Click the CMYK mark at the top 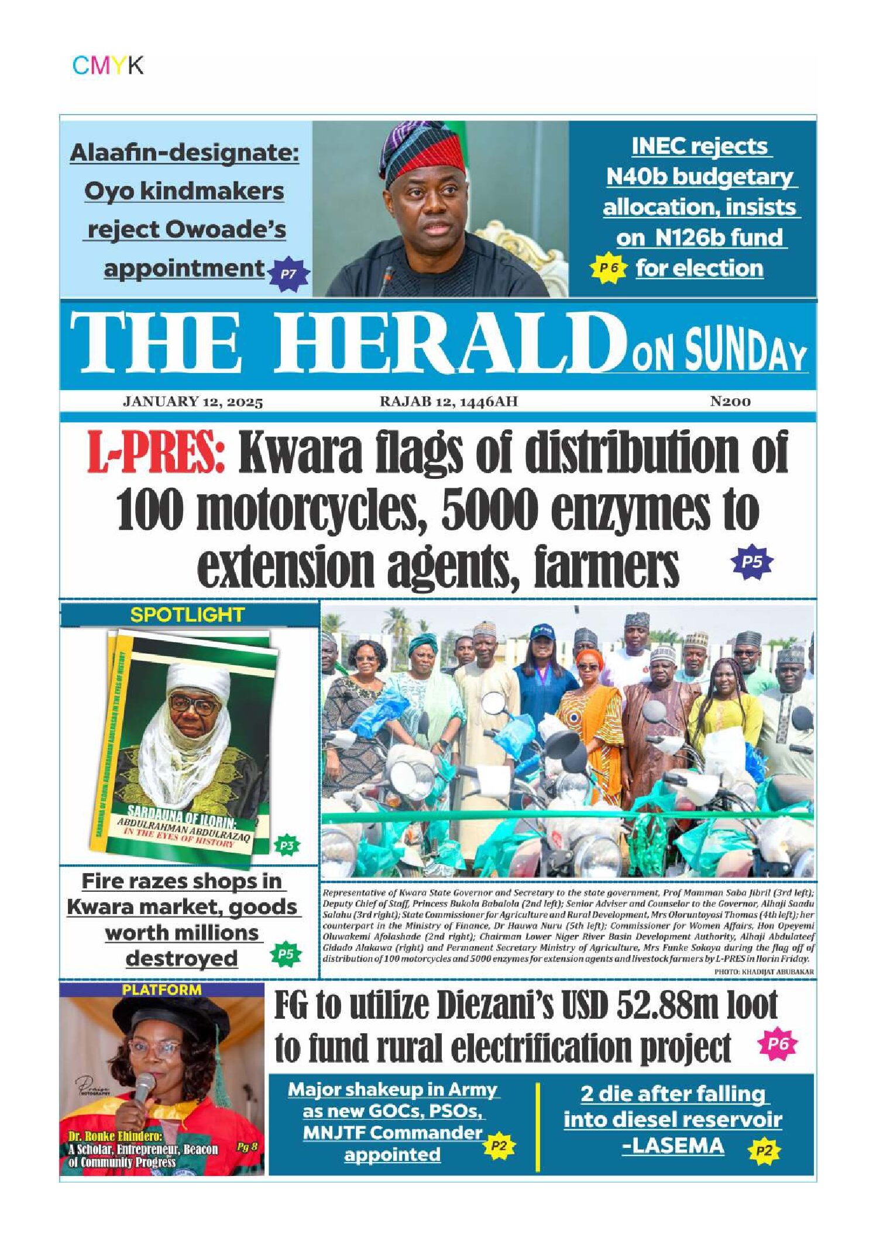click(108, 65)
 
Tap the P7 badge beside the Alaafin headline click(288, 273)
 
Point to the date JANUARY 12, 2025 click(193, 402)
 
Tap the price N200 click(730, 401)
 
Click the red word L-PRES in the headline click(156, 453)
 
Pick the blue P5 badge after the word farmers click(752, 562)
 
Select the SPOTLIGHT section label click(187, 615)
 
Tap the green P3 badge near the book click(286, 845)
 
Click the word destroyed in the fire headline click(181, 958)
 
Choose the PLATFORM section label click(162, 990)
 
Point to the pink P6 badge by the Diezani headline click(778, 1044)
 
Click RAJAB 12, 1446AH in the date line click(449, 402)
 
